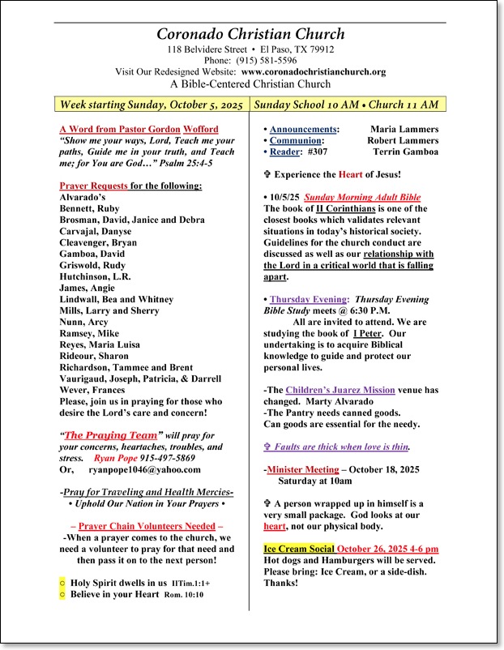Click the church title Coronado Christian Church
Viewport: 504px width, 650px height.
pos(250,34)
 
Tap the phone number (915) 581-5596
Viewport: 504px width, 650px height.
pos(267,60)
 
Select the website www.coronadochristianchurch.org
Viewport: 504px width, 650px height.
pos(314,71)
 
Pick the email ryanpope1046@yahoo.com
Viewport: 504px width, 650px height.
pos(145,469)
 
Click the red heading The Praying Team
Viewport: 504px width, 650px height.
pos(110,435)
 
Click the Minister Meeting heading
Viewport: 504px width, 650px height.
pos(303,469)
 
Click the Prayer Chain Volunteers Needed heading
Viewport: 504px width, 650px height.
pos(147,526)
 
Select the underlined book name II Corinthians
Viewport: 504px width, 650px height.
pos(338,208)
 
